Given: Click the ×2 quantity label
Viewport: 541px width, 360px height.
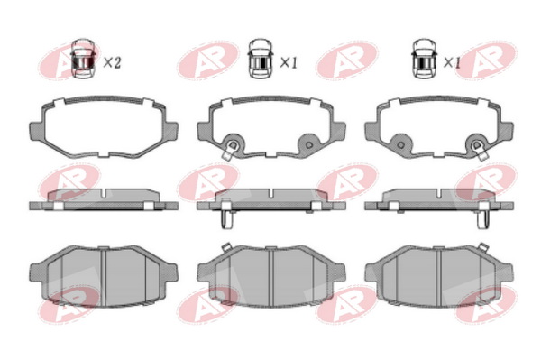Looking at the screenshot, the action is (112, 63).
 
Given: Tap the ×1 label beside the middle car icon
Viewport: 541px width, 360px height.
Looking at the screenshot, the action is (289, 63).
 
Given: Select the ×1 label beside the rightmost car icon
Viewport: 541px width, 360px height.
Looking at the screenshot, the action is (452, 63).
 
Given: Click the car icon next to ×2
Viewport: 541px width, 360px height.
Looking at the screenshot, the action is (83, 59).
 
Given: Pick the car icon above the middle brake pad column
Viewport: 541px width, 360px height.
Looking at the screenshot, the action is (261, 59).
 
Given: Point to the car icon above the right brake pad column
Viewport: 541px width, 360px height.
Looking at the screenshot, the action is (425, 59).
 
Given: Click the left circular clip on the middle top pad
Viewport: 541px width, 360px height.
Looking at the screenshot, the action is (233, 144).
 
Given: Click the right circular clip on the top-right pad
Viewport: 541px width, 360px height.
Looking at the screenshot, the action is (477, 144).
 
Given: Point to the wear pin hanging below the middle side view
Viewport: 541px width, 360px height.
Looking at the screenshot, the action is (226, 219).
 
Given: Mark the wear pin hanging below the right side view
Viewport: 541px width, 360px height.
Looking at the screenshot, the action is (483, 219).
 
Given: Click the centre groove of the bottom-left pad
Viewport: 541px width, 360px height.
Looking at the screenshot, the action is (103, 277).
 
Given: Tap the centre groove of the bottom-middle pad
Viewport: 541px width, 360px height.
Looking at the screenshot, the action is (270, 277).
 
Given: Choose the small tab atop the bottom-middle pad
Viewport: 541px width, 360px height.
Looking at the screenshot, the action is (226, 247).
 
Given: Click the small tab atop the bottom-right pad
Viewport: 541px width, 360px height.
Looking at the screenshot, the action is (483, 247).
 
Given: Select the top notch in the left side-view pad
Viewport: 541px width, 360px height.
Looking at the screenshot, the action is (104, 194).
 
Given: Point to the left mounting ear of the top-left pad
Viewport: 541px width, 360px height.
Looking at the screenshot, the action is (37, 131).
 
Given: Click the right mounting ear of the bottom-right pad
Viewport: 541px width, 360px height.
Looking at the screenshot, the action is (506, 272).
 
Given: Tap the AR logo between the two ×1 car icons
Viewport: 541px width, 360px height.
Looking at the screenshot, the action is (346, 60).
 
